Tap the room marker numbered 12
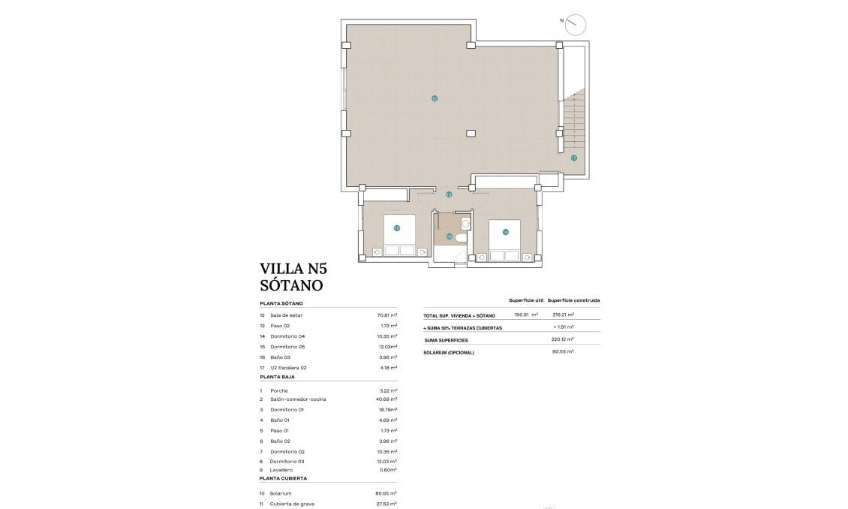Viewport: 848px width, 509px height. [434, 98]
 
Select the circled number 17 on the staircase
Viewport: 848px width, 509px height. [573, 158]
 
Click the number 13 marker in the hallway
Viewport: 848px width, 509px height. [449, 194]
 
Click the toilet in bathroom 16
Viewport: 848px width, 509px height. [461, 238]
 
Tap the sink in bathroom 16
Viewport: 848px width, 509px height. [465, 223]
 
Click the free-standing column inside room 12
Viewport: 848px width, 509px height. [470, 134]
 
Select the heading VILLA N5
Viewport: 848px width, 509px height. [293, 269]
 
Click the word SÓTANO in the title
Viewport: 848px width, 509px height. [291, 286]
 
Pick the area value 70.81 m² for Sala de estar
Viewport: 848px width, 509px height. [386, 315]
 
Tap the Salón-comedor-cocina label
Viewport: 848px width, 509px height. [298, 399]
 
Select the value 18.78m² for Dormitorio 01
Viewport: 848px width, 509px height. [386, 410]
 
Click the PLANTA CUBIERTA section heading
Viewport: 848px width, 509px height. [283, 478]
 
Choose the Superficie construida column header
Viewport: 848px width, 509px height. [573, 300]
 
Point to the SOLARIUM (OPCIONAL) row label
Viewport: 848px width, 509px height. [449, 352]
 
